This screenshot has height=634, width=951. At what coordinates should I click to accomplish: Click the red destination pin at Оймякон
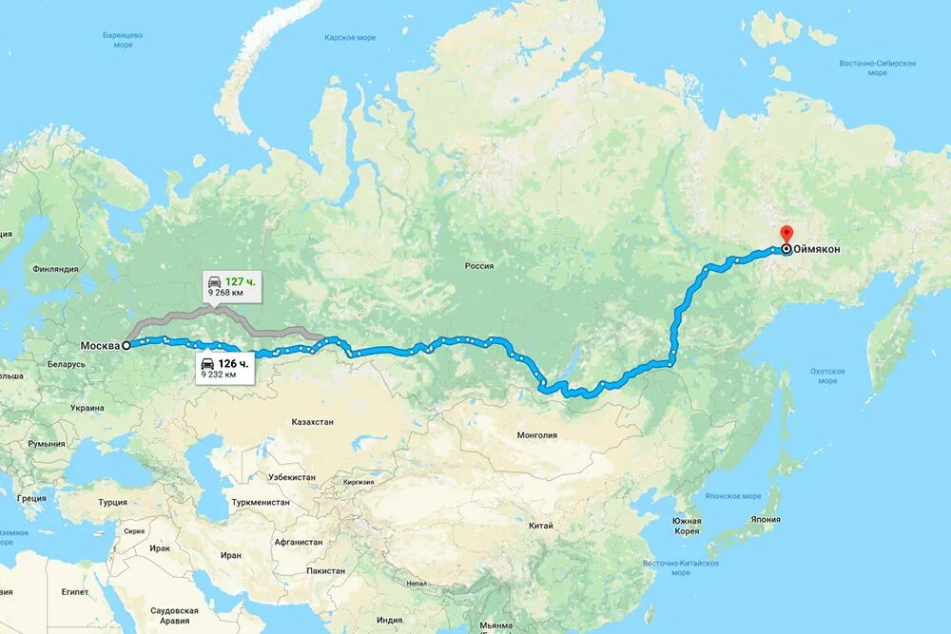(786, 234)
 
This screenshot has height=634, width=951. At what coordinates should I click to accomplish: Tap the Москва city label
(100, 345)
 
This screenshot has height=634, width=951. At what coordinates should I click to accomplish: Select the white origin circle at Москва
(126, 345)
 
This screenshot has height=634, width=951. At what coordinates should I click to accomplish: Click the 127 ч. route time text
(241, 281)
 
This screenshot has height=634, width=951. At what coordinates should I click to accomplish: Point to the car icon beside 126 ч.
(207, 364)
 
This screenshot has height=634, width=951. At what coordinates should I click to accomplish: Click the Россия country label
(479, 266)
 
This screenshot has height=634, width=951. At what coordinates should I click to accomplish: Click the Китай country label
(541, 525)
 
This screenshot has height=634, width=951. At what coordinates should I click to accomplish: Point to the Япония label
(764, 519)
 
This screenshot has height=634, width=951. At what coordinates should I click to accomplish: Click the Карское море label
(350, 38)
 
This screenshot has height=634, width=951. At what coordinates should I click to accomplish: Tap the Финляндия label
(55, 269)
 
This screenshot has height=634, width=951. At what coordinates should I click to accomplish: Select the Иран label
(231, 554)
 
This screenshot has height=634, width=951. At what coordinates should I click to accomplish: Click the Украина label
(87, 408)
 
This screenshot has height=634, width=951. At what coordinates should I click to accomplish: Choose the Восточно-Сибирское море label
(877, 67)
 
